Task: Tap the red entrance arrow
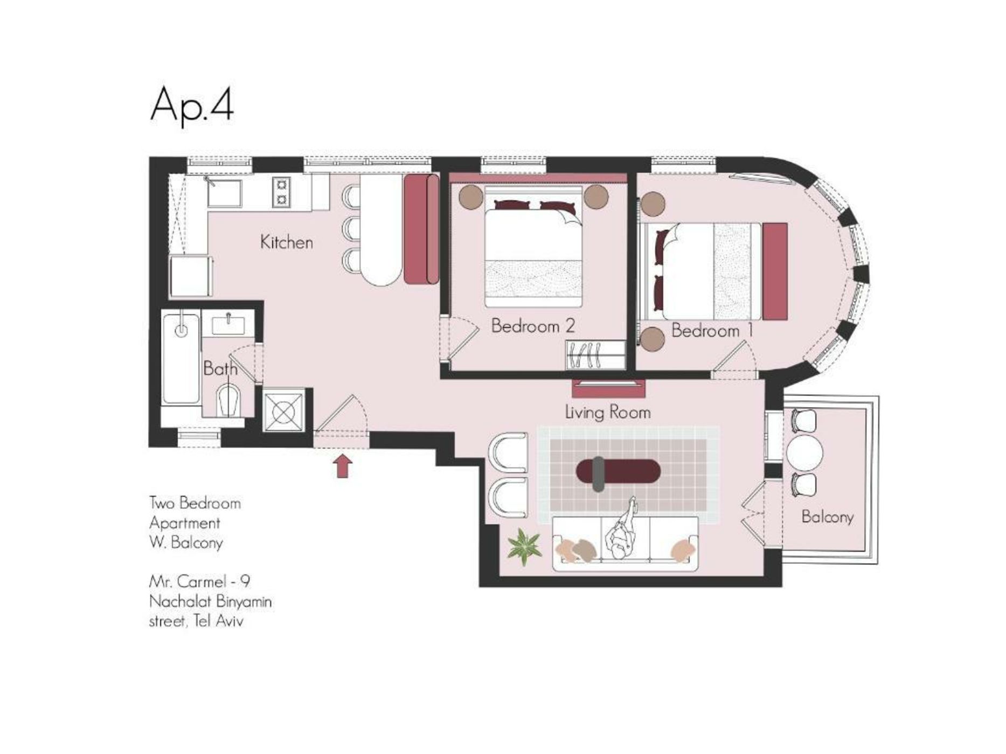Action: (343, 466)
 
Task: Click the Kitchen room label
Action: (287, 242)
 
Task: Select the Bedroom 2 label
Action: (533, 326)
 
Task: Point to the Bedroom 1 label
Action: (712, 330)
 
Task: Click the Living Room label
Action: (608, 413)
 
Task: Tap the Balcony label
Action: (827, 517)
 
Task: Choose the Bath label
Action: (220, 369)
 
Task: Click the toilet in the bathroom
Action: (228, 400)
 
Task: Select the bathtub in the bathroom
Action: (182, 358)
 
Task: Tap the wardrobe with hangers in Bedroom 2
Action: (595, 354)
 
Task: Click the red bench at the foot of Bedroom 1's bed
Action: (775, 271)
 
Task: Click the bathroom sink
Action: (228, 325)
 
